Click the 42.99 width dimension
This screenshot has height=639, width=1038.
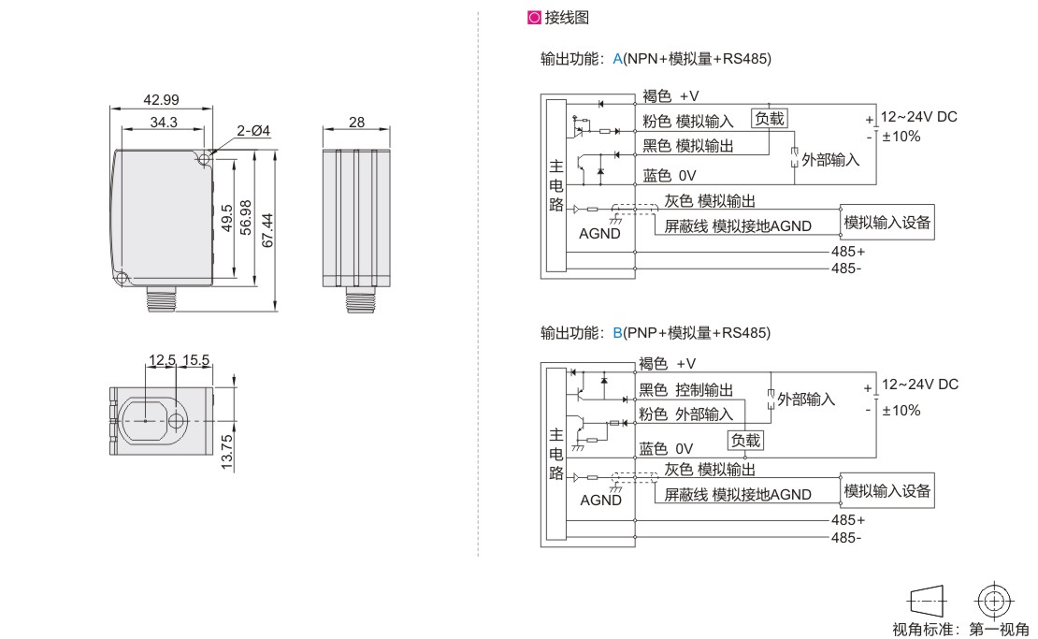click(161, 99)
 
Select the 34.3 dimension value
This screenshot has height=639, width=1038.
click(163, 122)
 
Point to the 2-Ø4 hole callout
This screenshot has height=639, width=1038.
click(252, 132)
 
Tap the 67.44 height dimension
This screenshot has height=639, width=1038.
click(267, 230)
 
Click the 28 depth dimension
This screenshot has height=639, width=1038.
click(356, 122)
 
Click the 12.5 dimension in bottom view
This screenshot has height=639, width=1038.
click(161, 359)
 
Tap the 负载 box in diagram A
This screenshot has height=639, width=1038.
click(771, 118)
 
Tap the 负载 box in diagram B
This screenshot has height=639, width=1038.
click(746, 440)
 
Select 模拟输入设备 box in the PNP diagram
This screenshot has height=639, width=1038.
click(887, 491)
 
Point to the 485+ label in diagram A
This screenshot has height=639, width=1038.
click(847, 252)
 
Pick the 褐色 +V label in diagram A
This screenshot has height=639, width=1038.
click(670, 95)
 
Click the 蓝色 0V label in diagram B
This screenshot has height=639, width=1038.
click(666, 448)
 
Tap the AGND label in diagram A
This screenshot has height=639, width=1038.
click(599, 234)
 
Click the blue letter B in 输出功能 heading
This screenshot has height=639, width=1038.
click(617, 332)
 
